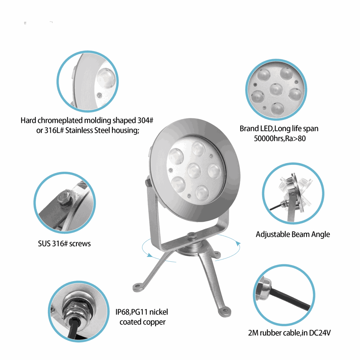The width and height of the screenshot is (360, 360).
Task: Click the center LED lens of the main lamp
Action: [194, 171]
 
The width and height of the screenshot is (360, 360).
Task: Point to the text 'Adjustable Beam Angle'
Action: [293, 234]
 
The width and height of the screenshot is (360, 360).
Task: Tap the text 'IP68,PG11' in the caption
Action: [131, 312]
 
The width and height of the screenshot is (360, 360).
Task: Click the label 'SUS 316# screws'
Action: [64, 243]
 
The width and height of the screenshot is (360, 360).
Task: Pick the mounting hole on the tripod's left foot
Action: [137, 286]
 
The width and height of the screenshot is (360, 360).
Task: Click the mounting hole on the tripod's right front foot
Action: [225, 311]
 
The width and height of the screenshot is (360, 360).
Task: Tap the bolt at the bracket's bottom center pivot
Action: [191, 235]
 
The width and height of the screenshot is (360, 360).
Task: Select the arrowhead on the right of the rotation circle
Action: [239, 243]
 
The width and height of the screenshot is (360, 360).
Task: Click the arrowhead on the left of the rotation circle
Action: [149, 255]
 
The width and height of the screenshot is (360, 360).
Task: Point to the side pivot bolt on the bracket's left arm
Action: [148, 183]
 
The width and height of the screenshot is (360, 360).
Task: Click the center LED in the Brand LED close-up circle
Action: [276, 89]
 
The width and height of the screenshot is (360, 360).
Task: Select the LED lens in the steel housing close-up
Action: [106, 78]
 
